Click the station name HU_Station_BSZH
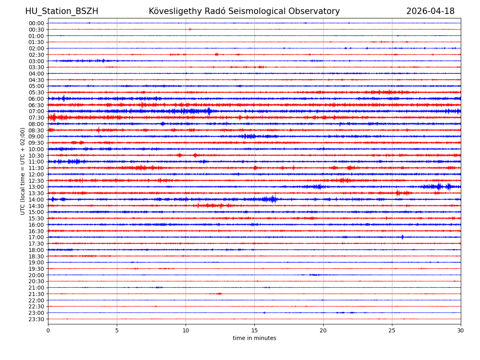point(62,12)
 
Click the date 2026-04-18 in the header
point(430,12)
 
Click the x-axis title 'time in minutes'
point(254,338)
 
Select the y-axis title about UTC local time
point(23,171)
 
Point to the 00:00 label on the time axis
point(36,23)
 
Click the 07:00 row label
point(36,111)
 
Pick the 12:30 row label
point(36,181)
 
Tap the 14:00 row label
point(36,200)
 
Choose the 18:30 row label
point(36,256)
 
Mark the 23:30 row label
point(36,319)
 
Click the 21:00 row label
point(36,288)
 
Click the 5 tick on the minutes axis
point(117,331)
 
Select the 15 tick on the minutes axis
point(254,331)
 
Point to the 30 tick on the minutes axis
point(461,331)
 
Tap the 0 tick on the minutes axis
point(48,331)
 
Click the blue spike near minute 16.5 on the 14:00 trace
point(274,199)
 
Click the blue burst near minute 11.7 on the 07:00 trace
point(209,111)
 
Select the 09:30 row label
point(36,143)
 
